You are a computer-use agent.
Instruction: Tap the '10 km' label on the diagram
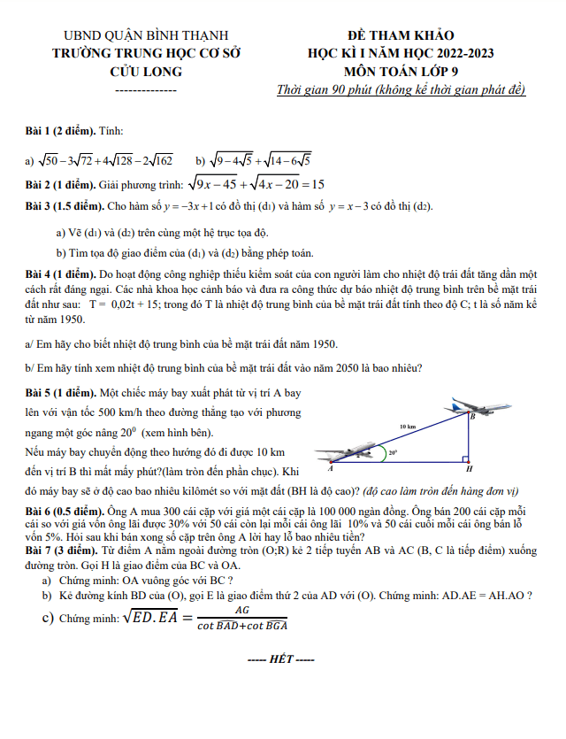point(408,427)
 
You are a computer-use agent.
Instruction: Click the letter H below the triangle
point(469,469)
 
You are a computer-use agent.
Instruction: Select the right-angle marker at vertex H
point(463,458)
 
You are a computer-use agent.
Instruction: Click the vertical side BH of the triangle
point(468,438)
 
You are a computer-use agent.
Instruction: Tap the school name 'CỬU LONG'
point(146,71)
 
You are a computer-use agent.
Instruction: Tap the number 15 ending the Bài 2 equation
point(317,185)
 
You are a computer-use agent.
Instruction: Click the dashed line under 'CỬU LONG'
point(146,90)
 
